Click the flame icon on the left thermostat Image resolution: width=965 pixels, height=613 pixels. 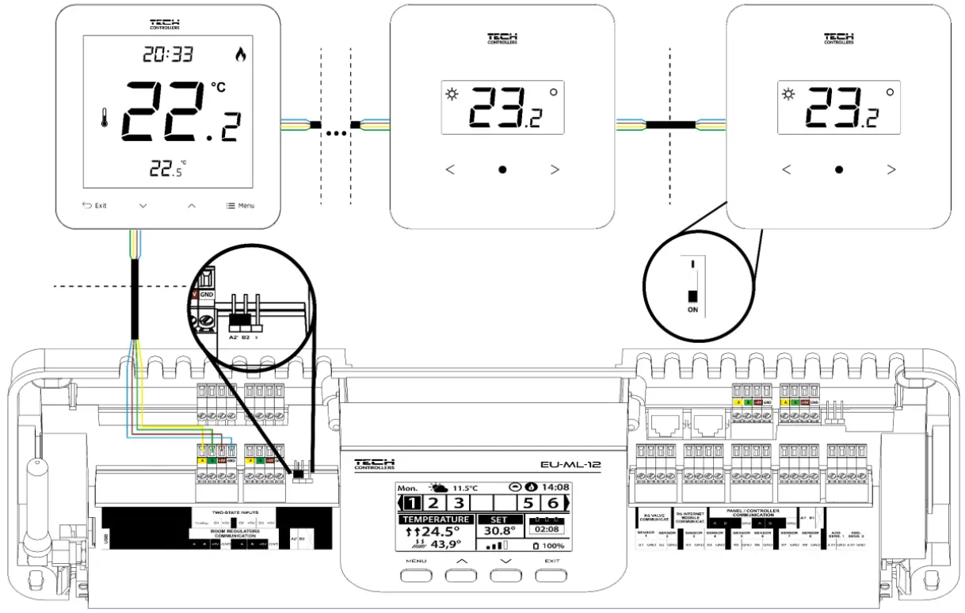pos(241,55)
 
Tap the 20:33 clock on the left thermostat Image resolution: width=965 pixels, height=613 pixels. pos(166,54)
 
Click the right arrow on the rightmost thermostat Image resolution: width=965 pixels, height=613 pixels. pos(891,169)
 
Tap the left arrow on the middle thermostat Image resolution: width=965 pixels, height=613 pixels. pos(450,169)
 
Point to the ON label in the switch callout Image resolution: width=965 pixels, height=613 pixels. pos(692,310)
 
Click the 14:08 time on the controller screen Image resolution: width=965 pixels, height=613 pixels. pos(556,487)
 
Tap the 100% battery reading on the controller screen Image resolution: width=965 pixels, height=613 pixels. pos(551,546)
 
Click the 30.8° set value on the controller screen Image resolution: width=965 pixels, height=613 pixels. pos(499,531)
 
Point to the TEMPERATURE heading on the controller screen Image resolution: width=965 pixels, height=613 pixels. pos(435,519)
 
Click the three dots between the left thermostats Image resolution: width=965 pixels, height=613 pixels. pos(338,132)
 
